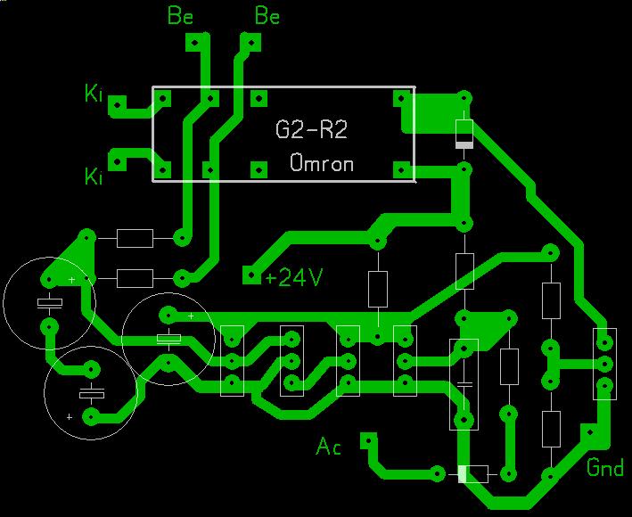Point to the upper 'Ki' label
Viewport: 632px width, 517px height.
tap(94, 93)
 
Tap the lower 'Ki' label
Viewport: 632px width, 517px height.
tap(94, 176)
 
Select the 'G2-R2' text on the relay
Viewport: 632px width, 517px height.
tap(311, 131)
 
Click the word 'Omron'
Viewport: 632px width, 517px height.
tap(322, 164)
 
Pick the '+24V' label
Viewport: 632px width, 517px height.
tap(293, 277)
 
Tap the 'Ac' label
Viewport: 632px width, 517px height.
tap(329, 446)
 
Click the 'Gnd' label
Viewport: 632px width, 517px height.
tap(604, 467)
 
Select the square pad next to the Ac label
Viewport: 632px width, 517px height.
tap(367, 440)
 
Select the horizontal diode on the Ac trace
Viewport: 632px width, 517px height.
tap(473, 473)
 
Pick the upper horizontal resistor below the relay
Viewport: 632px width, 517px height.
tap(135, 238)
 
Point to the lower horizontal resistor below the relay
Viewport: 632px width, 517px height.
tap(135, 277)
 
